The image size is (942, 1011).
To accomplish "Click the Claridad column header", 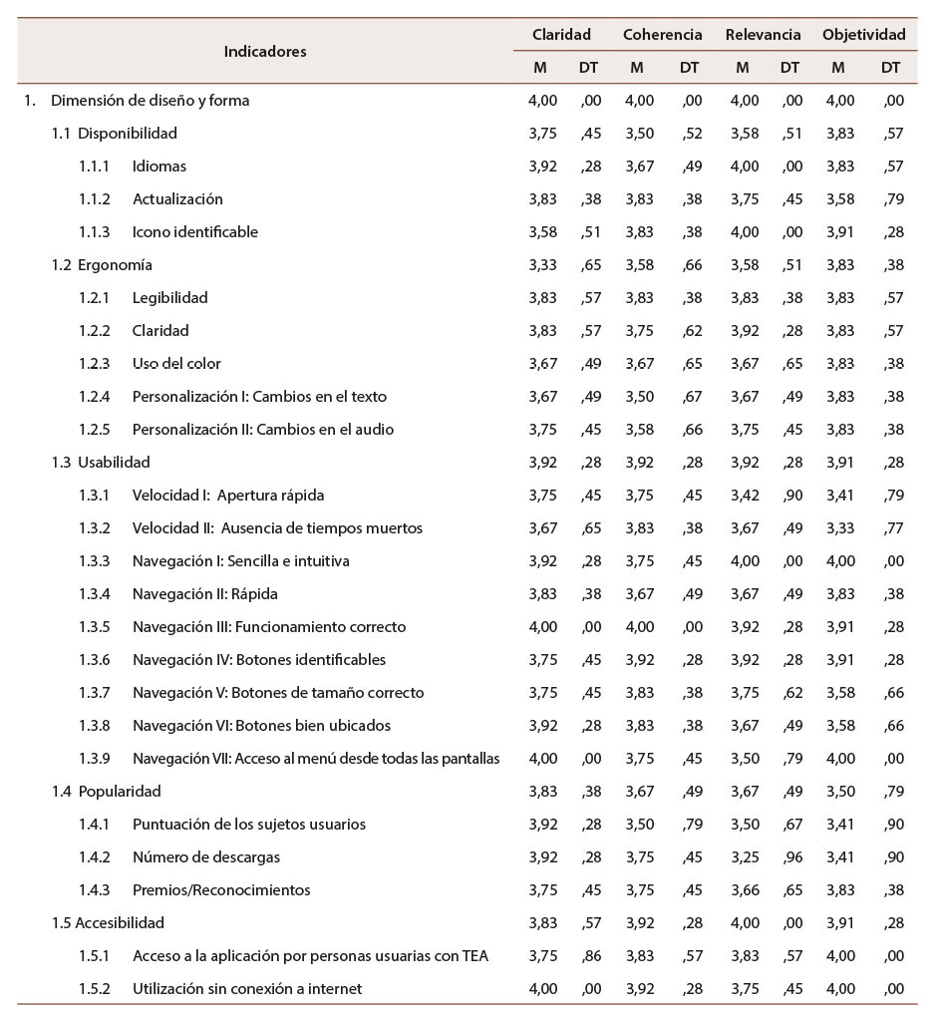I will coord(561,34).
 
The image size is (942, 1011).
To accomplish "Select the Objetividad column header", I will coord(863,34).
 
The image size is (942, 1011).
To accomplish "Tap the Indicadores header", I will coord(265,51).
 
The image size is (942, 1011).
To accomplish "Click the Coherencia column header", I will coord(662,34).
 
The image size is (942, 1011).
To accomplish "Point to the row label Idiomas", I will coord(159,167).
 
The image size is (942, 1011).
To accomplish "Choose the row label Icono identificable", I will coord(195,232).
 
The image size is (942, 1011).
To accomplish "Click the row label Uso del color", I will coord(176,364).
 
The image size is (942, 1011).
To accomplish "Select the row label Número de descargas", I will coord(206,857).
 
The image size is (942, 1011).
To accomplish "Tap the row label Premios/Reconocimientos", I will coord(221,890).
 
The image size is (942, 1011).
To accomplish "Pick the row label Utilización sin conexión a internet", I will coord(247,989).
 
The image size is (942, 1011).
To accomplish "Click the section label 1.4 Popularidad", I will coord(107,792).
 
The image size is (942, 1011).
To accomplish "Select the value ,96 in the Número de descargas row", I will coord(789,857).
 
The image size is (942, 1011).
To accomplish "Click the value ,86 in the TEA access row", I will coord(590,956).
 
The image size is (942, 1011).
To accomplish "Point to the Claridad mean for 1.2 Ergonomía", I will coord(543,265).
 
